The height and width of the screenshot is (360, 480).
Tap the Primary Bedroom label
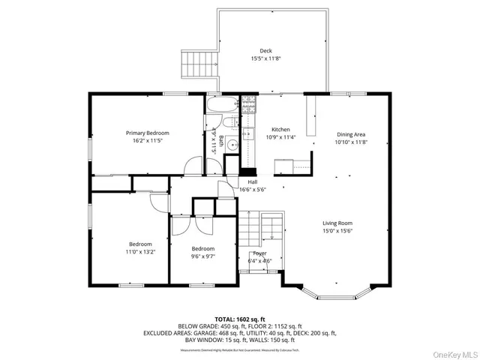147,133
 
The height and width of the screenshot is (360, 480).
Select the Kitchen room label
280,130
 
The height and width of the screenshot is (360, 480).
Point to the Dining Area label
350,134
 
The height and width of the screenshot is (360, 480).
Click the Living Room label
337,223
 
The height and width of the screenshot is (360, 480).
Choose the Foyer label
259,253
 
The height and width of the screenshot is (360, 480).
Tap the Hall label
253,182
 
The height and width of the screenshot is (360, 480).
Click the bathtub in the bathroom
222,105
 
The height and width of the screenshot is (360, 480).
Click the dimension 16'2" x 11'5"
147,140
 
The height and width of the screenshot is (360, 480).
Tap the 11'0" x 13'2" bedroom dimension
140,252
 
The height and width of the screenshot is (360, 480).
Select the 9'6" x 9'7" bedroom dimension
202,256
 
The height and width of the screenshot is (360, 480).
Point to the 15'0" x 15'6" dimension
337,230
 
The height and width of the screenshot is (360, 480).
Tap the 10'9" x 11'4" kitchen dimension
280,137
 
